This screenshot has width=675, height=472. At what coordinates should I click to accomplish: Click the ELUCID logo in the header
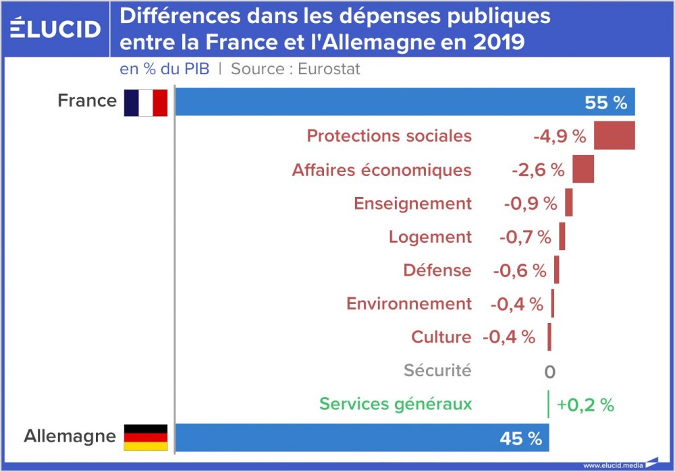[56, 28]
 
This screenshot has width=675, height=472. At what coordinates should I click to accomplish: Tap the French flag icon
[145, 102]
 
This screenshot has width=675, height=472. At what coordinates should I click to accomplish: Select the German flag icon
[145, 437]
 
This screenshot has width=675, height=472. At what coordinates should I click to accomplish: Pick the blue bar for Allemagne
[337, 438]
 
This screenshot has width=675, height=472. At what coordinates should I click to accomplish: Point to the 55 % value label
[606, 103]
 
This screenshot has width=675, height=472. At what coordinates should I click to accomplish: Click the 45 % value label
[521, 439]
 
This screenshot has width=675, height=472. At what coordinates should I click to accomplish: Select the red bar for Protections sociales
[614, 136]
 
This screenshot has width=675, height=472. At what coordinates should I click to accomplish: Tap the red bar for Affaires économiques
[583, 169]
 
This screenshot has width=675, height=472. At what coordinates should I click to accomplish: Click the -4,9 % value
[560, 136]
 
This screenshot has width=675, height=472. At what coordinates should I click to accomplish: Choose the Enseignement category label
[412, 203]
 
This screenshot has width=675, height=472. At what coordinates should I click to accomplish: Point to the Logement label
[430, 237]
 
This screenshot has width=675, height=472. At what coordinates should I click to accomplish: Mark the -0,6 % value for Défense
[519, 270]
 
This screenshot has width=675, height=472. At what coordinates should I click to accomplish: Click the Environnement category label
[409, 304]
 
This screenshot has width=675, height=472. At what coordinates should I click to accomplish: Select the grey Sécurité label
[437, 370]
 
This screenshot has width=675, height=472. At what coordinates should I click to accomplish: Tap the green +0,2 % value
[585, 405]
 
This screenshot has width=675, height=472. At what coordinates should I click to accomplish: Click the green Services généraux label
[396, 404]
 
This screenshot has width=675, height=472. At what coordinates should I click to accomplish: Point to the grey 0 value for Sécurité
[549, 372]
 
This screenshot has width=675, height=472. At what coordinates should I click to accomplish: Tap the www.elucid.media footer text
[612, 465]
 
